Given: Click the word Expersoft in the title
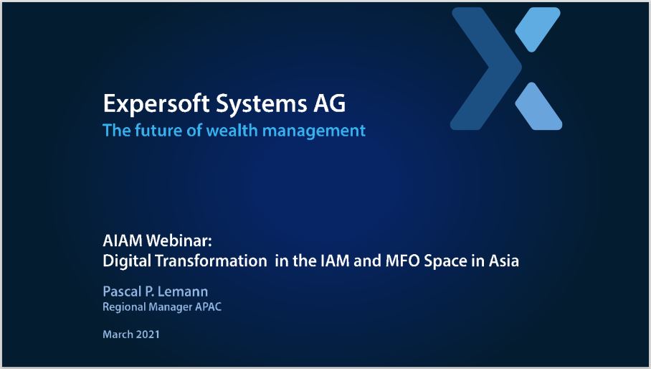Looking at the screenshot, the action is tap(156, 104).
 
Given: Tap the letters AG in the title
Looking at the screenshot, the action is tap(329, 103).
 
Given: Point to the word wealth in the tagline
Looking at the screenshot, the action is tap(232, 131).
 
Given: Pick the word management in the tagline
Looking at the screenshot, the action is tap(314, 131).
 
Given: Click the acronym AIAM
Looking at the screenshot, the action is tap(123, 240).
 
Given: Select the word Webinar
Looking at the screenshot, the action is tap(179, 240).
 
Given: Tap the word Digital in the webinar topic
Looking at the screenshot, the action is tap(127, 261).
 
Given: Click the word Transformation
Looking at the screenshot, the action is tap(212, 261).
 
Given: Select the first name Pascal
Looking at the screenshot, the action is tap(122, 291).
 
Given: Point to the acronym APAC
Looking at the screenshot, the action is tap(209, 307).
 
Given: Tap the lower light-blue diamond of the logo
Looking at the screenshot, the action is tap(538, 106).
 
